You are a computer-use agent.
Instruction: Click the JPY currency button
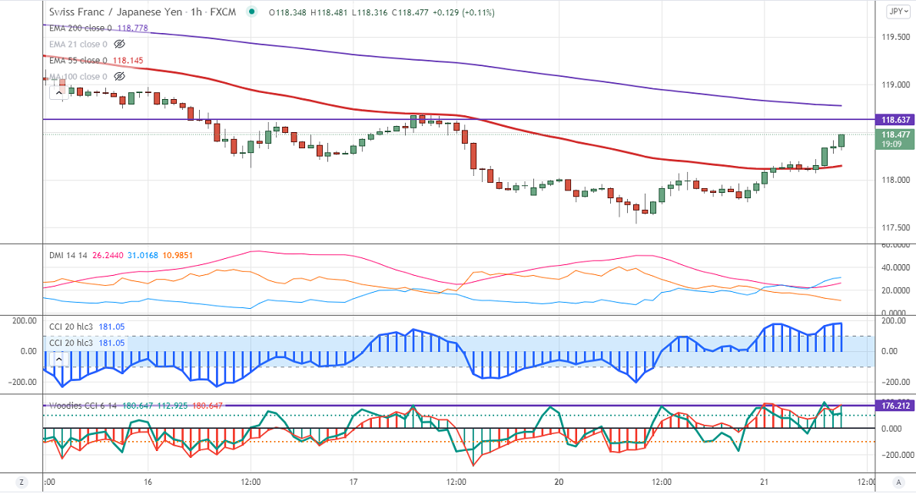point(896,11)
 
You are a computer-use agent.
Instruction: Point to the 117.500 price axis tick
point(894,227)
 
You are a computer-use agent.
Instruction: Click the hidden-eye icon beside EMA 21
point(119,45)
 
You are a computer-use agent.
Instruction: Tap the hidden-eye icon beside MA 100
point(119,77)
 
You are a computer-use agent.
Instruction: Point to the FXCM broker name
point(223,12)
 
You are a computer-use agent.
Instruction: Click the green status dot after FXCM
point(251,12)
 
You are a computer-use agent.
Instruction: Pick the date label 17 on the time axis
point(352,482)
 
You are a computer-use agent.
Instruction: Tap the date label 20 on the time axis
point(559,482)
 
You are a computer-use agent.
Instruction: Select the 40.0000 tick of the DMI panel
point(894,267)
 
